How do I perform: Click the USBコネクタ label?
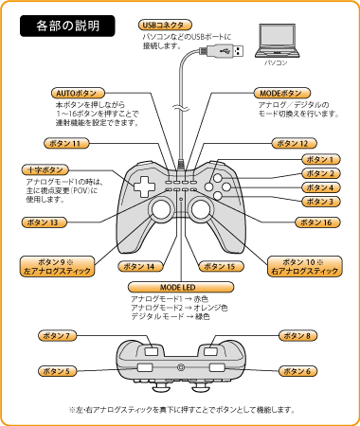[x=165, y=26]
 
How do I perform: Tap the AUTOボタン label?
[x=78, y=94]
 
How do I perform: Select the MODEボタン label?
[x=282, y=94]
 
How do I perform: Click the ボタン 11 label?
[x=66, y=144]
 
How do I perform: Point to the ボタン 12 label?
[x=295, y=144]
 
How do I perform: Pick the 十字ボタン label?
[x=45, y=170]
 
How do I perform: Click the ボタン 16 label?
[x=317, y=222]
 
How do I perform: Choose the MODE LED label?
[x=181, y=288]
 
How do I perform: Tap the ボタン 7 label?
[x=58, y=336]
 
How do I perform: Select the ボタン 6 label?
[x=298, y=371]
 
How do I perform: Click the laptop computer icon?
[x=278, y=41]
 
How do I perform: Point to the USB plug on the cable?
[x=222, y=51]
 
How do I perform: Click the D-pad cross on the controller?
[x=144, y=186]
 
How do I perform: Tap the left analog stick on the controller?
[x=161, y=209]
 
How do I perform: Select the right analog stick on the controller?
[x=201, y=209]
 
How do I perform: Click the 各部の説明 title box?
[x=67, y=26]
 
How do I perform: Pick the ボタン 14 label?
[x=141, y=267]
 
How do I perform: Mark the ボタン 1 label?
[x=321, y=160]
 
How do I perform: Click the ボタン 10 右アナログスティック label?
[x=305, y=267]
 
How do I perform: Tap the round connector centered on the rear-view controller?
[x=181, y=367]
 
